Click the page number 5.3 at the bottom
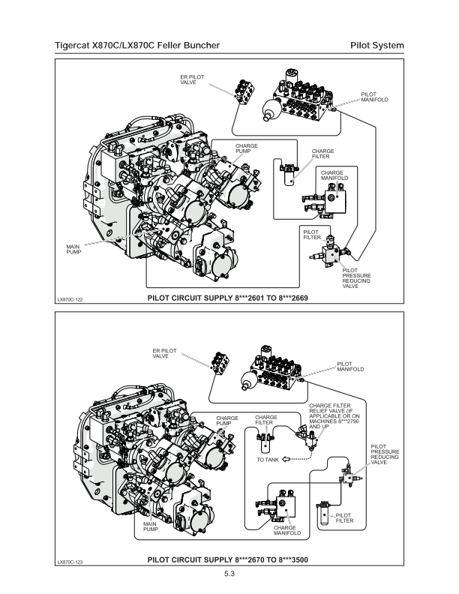click(x=229, y=574)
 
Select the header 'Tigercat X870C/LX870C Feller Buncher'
click(x=137, y=46)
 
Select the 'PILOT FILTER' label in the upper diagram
click(x=312, y=234)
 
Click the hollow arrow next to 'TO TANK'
click(x=286, y=459)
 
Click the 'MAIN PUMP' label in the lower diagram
click(x=151, y=527)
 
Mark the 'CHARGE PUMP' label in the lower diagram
click(x=227, y=421)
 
